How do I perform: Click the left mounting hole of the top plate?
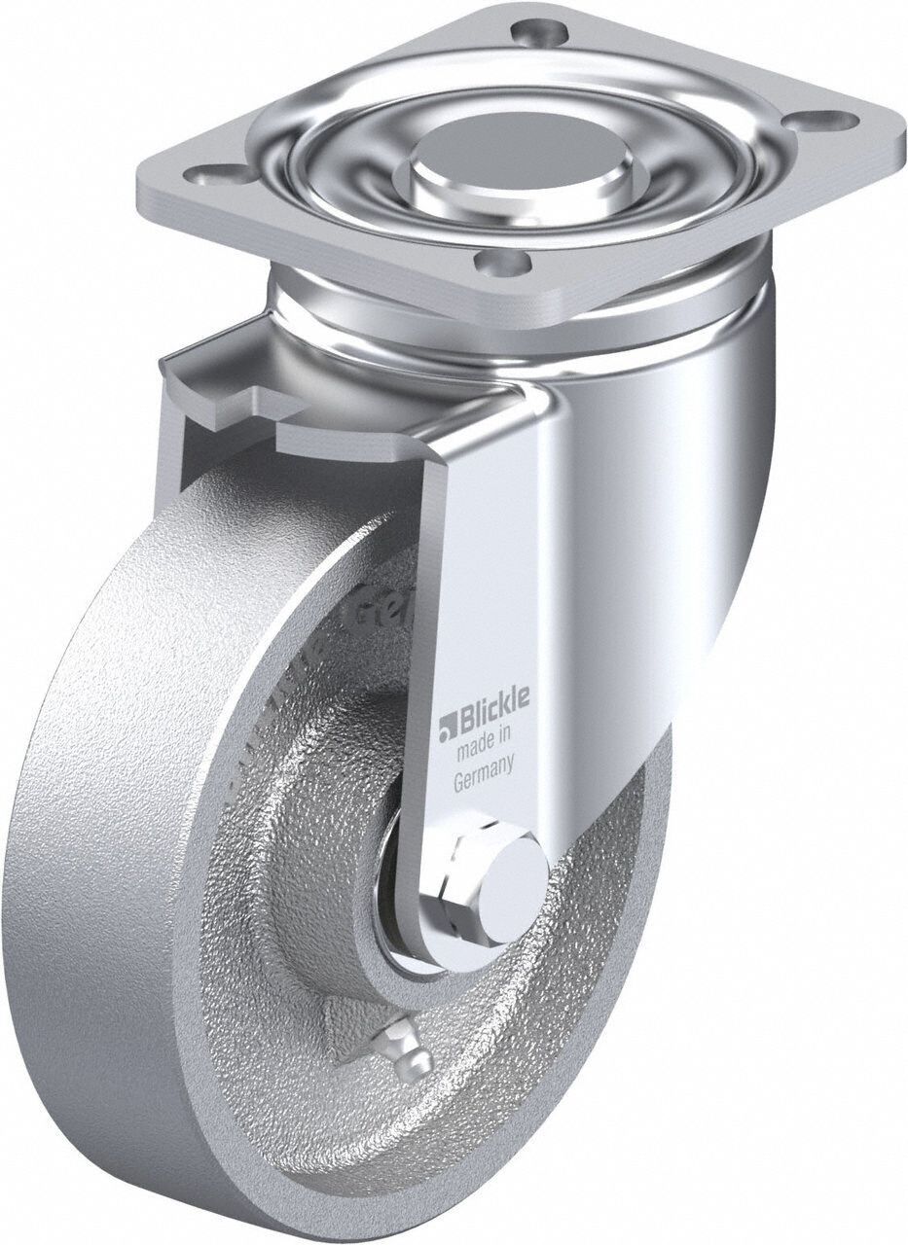pos(206,176)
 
